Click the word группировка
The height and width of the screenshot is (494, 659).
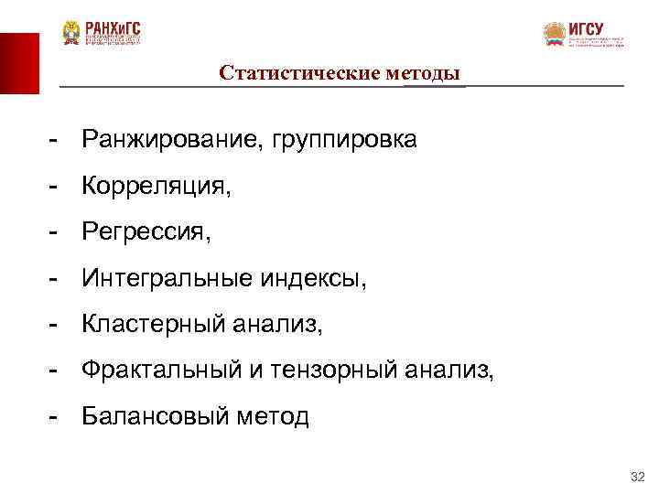(x=340, y=140)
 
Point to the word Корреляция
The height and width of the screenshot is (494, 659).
(x=156, y=187)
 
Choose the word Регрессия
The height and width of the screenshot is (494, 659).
(x=145, y=232)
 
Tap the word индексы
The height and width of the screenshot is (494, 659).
(x=313, y=279)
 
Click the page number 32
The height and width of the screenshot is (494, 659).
(x=638, y=478)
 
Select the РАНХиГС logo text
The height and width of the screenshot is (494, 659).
(x=113, y=27)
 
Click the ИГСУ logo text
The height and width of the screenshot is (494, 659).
(x=587, y=28)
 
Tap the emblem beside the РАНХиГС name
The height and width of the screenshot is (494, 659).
(x=71, y=34)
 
